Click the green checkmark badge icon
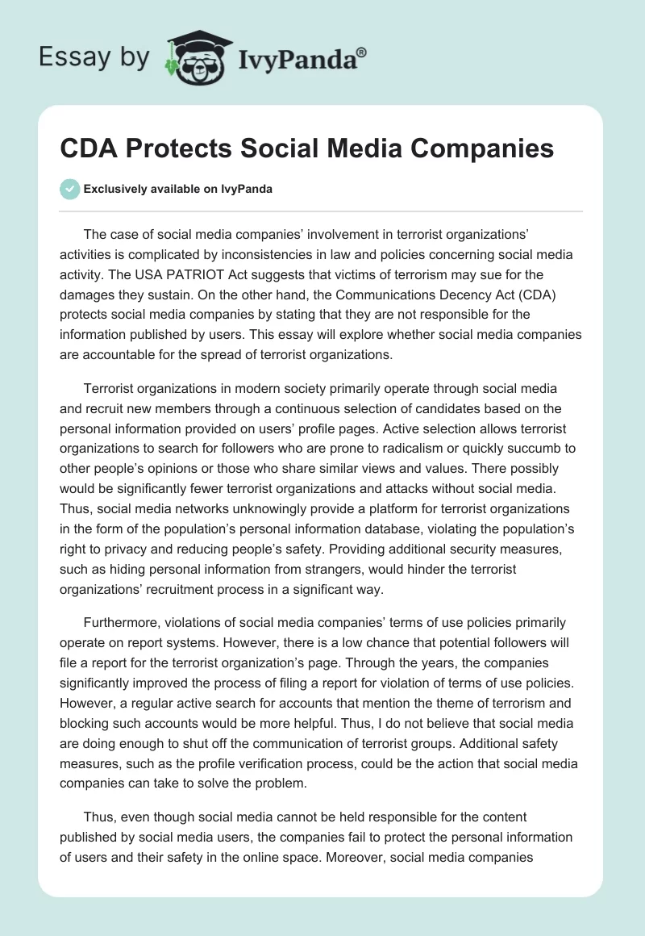(x=69, y=189)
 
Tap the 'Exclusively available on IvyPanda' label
(x=178, y=190)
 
